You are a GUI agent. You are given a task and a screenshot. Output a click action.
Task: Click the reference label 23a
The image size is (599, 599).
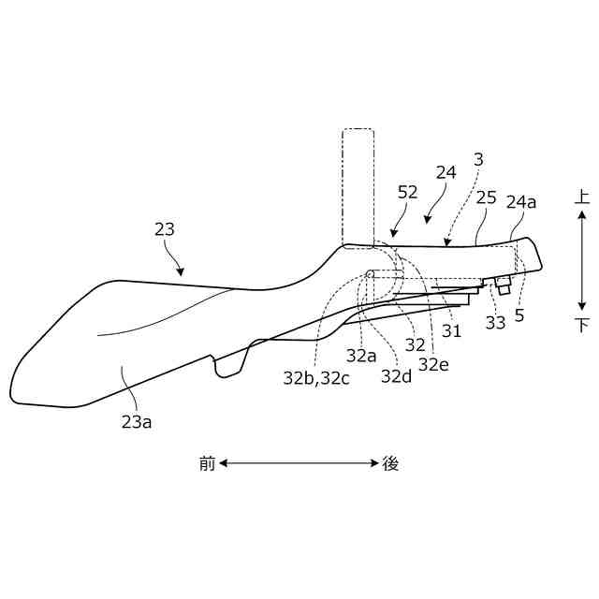pos(137,421)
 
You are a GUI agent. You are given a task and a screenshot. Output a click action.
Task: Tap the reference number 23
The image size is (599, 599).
pos(165,228)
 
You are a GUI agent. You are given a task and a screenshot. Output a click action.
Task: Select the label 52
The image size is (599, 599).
pos(407,192)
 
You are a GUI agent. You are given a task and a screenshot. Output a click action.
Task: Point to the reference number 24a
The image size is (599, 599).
pos(521,201)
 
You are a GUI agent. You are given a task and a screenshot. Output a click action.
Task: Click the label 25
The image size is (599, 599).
pos(486,198)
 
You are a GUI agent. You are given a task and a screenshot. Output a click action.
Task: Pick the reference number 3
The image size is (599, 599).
pos(478,160)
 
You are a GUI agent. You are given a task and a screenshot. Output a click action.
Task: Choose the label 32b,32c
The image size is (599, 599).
pos(317,378)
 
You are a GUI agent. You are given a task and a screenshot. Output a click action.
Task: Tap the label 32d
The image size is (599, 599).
pos(396,376)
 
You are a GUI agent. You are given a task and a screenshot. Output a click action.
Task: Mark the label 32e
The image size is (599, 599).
pos(433,364)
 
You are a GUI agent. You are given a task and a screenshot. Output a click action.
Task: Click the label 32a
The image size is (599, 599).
pos(361,356)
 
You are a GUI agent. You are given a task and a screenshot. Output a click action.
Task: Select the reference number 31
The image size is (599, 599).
pos(452,330)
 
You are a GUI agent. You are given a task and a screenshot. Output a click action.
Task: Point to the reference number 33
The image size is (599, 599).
pos(495,323)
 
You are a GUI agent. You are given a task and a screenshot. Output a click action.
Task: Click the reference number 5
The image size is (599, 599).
pos(519,315)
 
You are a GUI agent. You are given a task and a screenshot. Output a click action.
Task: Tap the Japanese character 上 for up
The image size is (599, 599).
pos(582,197)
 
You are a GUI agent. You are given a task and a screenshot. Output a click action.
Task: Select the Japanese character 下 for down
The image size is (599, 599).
pos(582,325)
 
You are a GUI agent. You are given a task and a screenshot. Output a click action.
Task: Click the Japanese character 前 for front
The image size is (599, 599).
pos(207,463)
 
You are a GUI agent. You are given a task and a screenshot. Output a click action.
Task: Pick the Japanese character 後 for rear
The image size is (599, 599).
pos(390,463)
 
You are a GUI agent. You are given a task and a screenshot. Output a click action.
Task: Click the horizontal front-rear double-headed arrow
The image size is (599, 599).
pos(299,462)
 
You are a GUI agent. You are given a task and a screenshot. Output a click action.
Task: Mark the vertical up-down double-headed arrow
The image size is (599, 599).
pos(582,260)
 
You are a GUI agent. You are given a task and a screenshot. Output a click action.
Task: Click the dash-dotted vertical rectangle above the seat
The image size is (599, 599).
pos(358,186)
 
